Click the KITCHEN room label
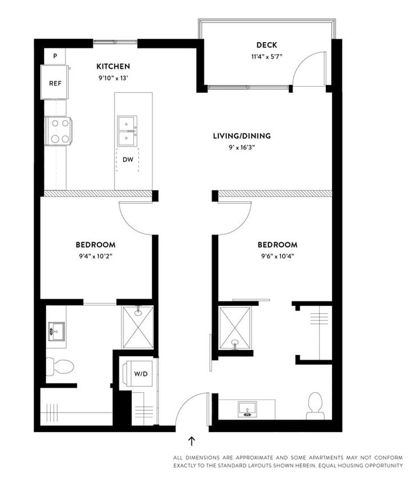pos(113,66)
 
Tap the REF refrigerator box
pos(55,83)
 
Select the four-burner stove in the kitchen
pos(59,131)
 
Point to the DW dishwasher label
pos(128,160)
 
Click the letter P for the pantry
pos(55,56)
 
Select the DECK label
pos(266,46)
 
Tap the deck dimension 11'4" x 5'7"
pos(266,56)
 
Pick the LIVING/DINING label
pos(242,136)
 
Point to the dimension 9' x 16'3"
pos(242,146)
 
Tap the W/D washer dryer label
pos(141,374)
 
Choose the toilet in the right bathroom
pos(315,405)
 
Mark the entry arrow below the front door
pos(191,441)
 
